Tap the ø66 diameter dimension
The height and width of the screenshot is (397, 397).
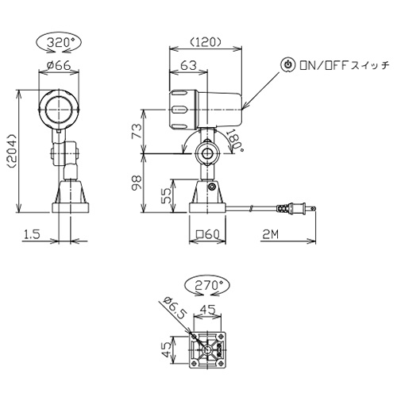[59, 65]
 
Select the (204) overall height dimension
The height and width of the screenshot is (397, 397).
[13, 151]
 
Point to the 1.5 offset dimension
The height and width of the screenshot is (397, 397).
[32, 234]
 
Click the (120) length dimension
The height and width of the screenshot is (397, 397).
[206, 41]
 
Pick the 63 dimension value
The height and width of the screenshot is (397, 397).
[188, 65]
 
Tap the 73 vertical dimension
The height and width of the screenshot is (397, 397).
[137, 131]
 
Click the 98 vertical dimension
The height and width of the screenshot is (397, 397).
[137, 183]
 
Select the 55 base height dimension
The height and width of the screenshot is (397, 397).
[167, 195]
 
